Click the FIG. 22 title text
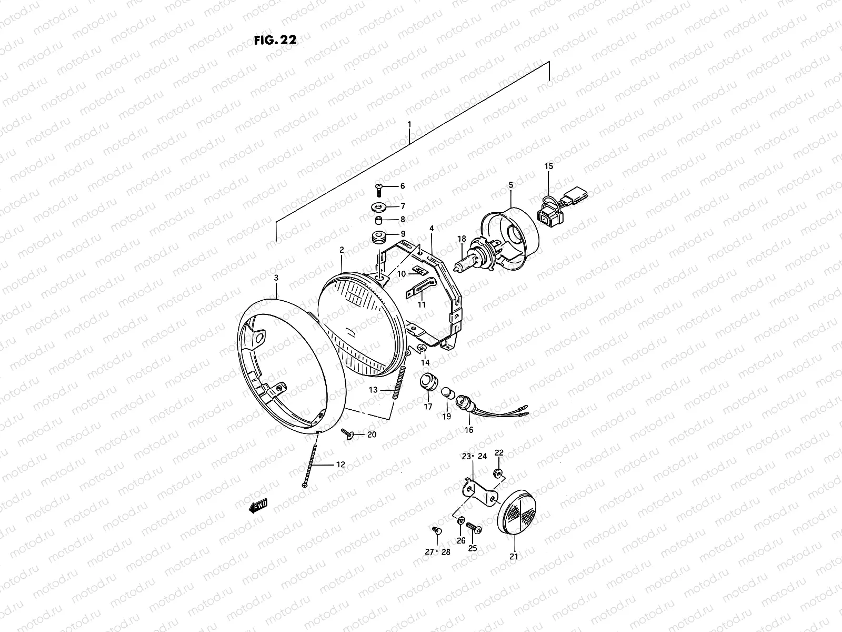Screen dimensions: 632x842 pyautogui.click(x=274, y=41)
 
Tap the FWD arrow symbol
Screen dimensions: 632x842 pyautogui.click(x=258, y=507)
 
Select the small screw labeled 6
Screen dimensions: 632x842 pyautogui.click(x=378, y=186)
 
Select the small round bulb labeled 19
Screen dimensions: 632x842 pyautogui.click(x=446, y=393)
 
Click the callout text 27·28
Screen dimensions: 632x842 pyautogui.click(x=438, y=551)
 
